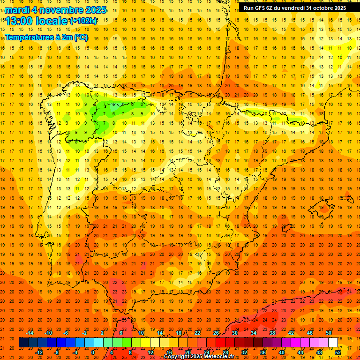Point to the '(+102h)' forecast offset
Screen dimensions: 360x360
83,21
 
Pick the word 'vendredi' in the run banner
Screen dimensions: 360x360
293,8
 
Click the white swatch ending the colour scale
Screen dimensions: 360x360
333,343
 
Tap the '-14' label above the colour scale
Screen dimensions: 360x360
30,333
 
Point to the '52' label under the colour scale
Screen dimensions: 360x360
338,352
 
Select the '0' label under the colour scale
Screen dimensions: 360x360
93,352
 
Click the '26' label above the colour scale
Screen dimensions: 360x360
216,333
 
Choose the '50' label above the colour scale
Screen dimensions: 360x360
329,333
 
